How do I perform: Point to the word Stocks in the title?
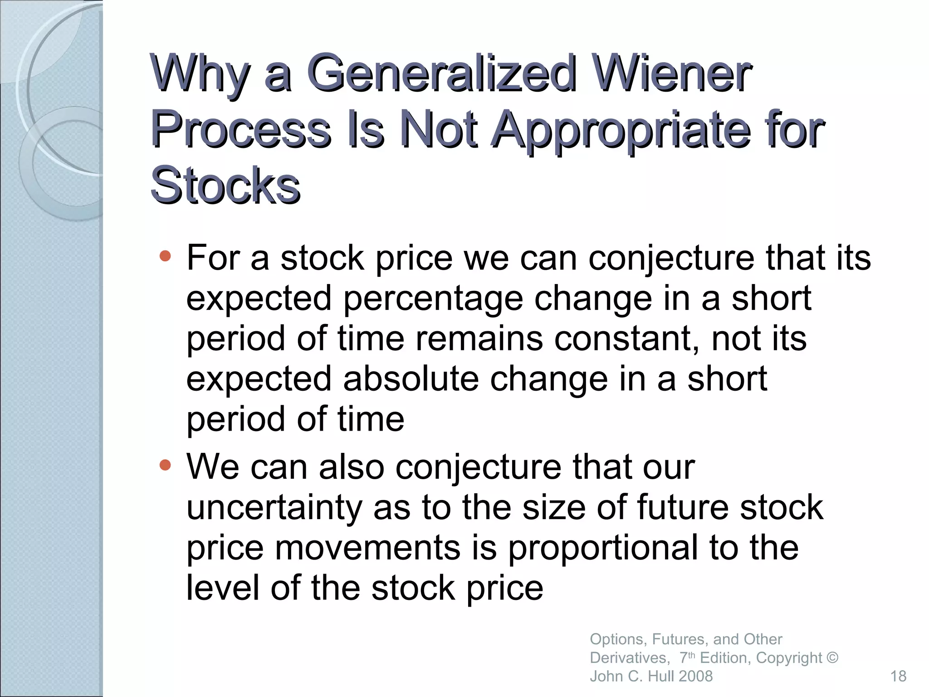(x=225, y=186)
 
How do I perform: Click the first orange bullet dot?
(x=166, y=257)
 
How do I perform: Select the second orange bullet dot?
(x=166, y=465)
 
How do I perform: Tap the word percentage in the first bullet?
(x=433, y=299)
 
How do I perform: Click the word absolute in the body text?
(x=411, y=379)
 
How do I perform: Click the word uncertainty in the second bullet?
(x=274, y=508)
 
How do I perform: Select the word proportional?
(x=603, y=548)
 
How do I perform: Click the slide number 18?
(x=898, y=676)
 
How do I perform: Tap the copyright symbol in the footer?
(x=832, y=658)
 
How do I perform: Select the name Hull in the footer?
(x=659, y=676)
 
